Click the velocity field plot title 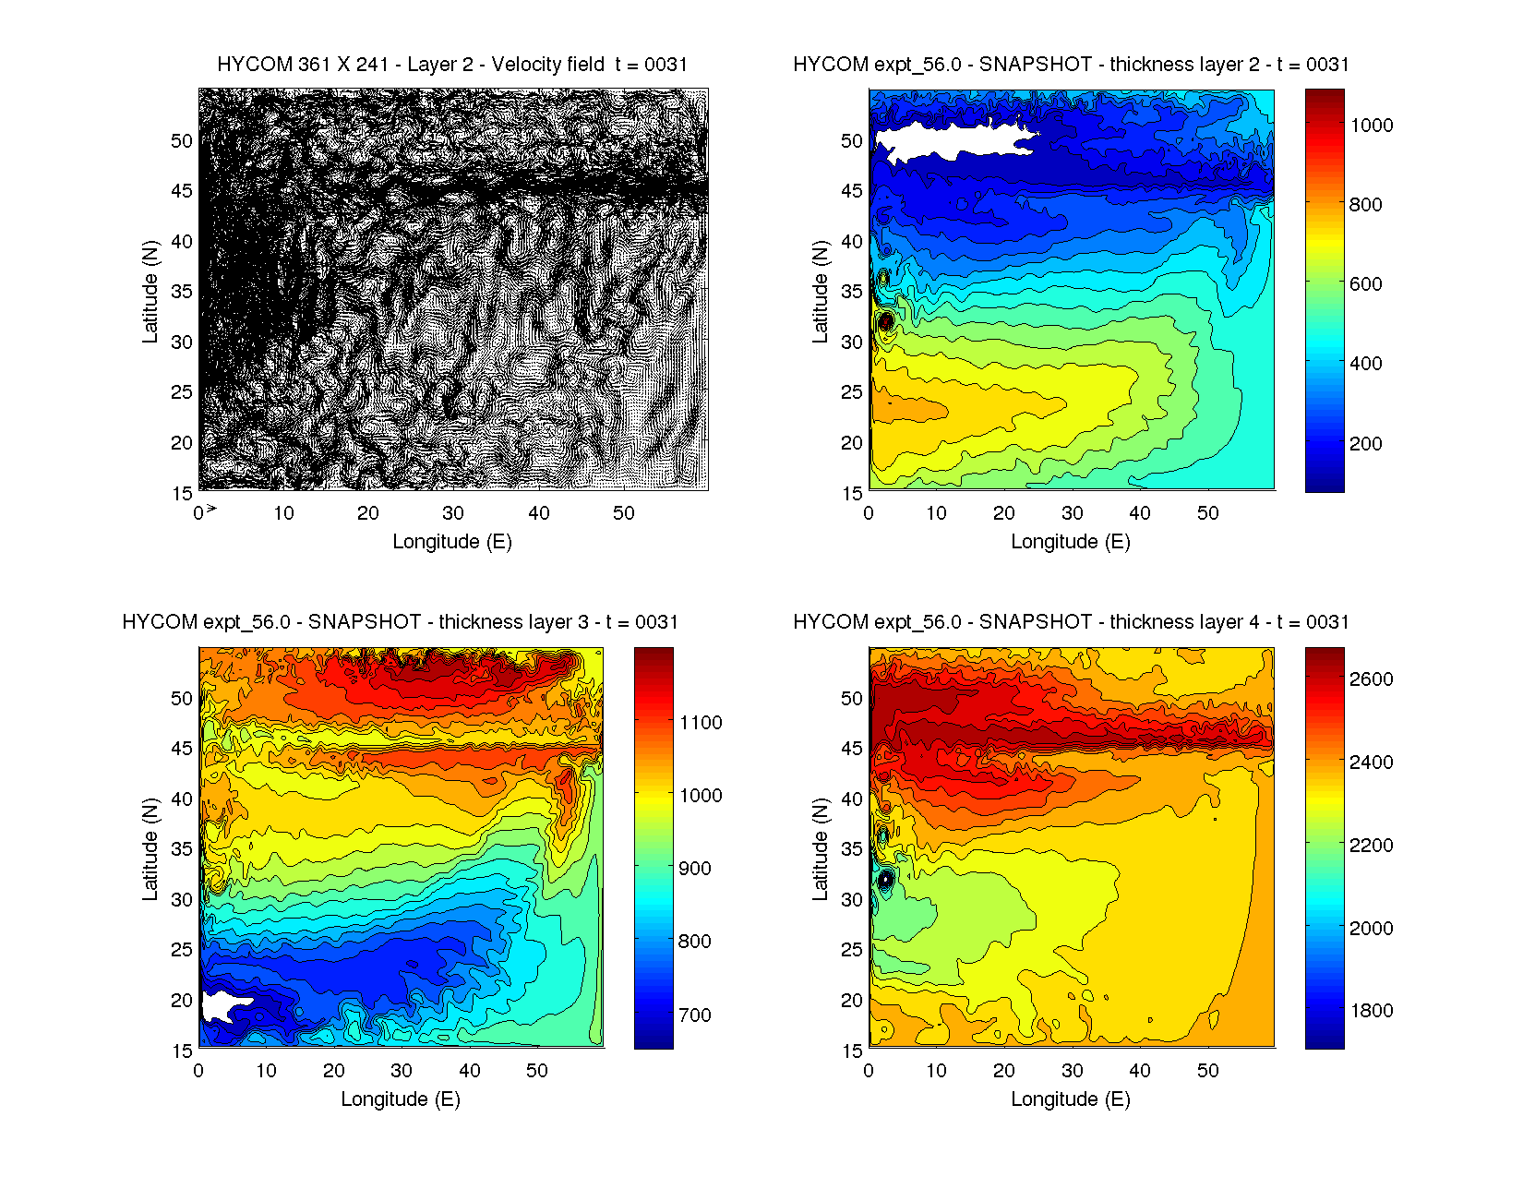[452, 65]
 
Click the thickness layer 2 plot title [1071, 65]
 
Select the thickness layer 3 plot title [400, 622]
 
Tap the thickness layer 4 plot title [1071, 622]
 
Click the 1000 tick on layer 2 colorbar [1371, 126]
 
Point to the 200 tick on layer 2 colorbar [1365, 443]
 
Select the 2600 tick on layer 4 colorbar [1371, 679]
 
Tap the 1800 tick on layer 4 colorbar [1371, 1011]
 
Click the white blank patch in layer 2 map [951, 141]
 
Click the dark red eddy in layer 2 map [886, 323]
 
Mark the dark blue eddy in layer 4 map [886, 880]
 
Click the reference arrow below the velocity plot [211, 509]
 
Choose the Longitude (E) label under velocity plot [452, 542]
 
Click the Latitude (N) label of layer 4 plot [821, 849]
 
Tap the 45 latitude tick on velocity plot [182, 191]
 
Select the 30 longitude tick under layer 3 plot [402, 1071]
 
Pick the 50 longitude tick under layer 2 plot [1207, 513]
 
